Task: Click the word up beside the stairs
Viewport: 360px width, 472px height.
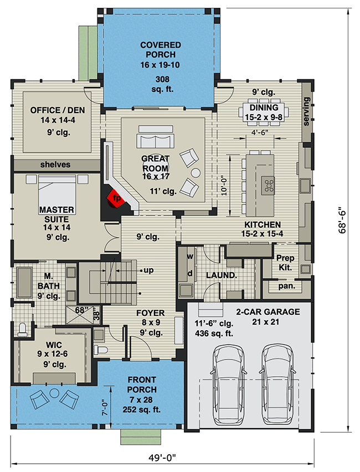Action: (x=148, y=271)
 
